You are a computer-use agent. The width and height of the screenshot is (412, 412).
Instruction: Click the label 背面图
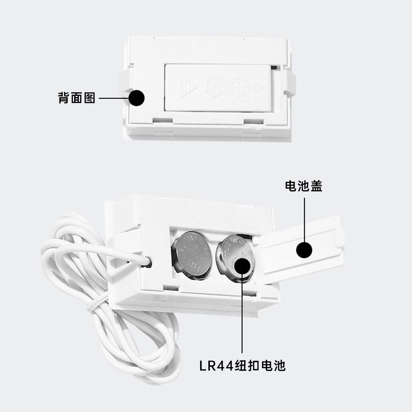[x=76, y=99]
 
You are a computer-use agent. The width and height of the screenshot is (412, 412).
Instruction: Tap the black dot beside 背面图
[x=137, y=98]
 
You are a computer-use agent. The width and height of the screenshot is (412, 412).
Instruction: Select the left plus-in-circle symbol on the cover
[x=215, y=87]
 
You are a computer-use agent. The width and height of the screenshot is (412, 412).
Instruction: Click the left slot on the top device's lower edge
[x=162, y=120]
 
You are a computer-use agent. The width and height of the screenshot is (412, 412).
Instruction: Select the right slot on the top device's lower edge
[x=255, y=121]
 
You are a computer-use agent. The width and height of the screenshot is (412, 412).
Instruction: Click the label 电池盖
[x=304, y=186]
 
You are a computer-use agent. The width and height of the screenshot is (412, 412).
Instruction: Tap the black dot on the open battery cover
[x=304, y=250]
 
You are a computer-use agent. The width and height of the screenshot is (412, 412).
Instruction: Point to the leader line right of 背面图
[x=113, y=99]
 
